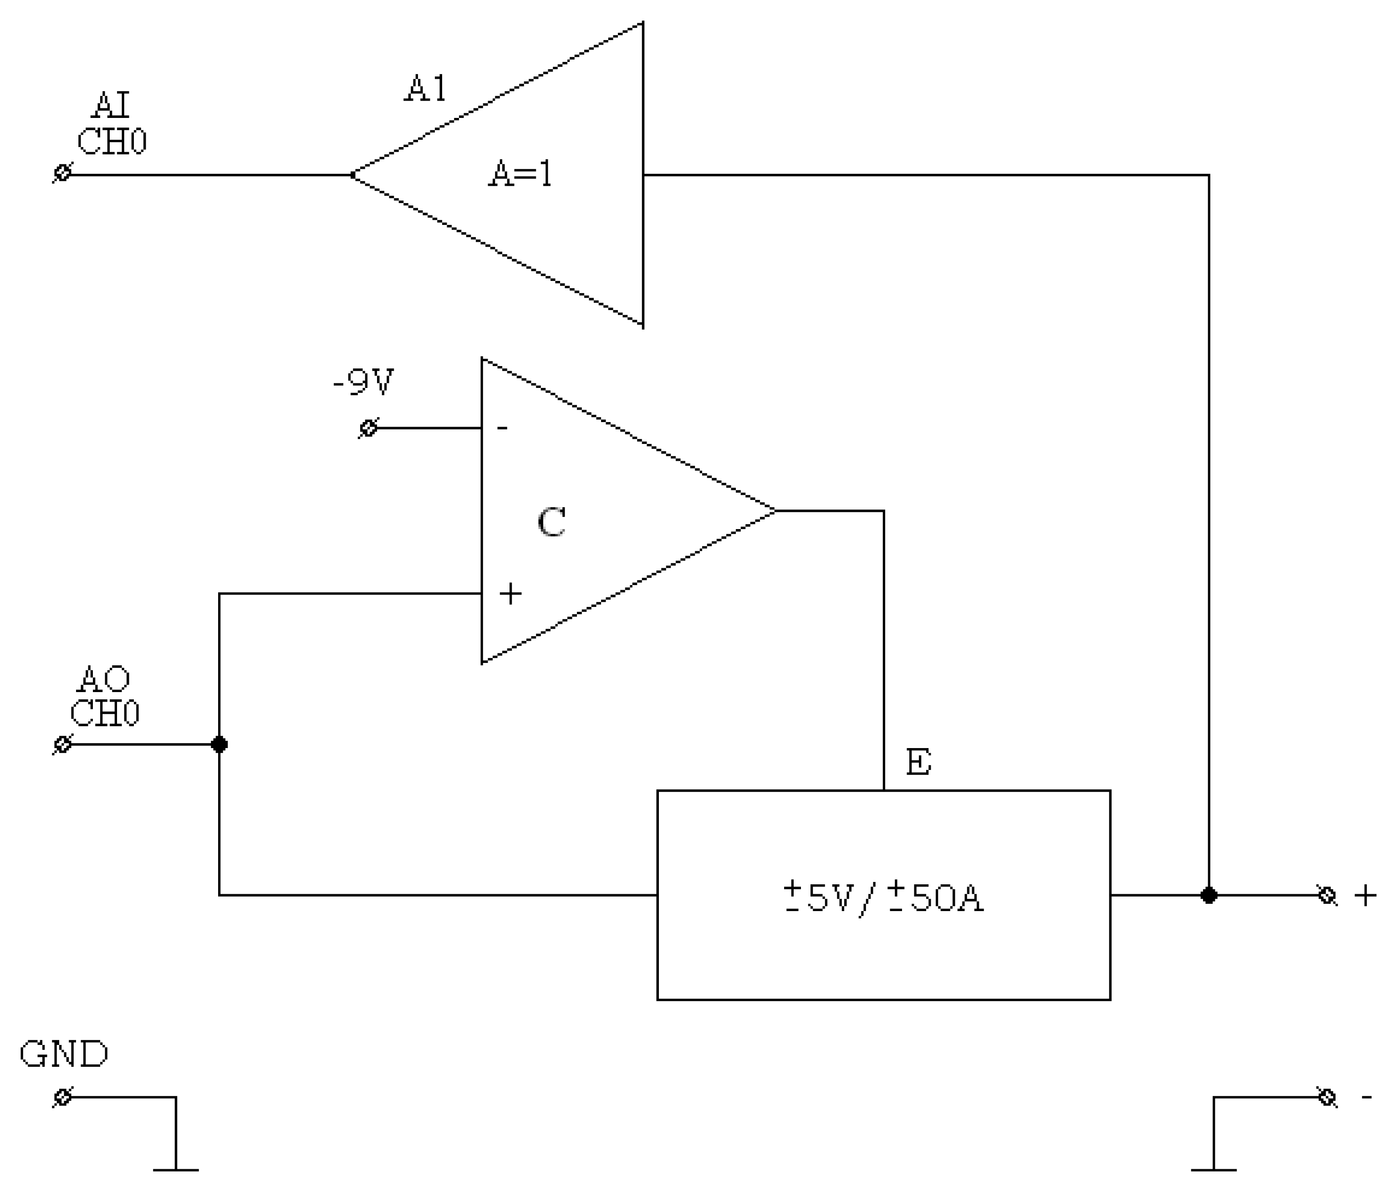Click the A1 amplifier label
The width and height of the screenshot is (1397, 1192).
(x=425, y=89)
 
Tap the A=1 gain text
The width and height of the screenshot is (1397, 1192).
(x=520, y=174)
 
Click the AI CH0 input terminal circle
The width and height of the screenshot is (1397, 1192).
(x=62, y=173)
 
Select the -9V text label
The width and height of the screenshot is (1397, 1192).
(x=363, y=382)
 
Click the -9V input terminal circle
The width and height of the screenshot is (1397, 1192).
(x=368, y=428)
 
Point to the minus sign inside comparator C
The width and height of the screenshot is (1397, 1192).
(x=502, y=428)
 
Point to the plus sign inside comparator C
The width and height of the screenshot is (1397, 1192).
(x=510, y=593)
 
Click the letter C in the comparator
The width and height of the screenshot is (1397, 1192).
(x=551, y=523)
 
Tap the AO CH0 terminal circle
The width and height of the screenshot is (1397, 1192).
(x=62, y=744)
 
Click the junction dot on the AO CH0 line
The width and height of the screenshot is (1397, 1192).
(x=219, y=744)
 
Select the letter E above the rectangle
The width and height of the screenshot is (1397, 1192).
(x=918, y=763)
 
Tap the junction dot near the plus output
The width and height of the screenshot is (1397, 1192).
(x=1209, y=895)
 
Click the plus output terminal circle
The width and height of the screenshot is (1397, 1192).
(x=1327, y=895)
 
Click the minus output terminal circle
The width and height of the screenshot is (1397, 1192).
(x=1327, y=1098)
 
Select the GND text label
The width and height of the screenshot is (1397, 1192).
(x=64, y=1054)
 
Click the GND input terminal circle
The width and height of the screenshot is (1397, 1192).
(x=62, y=1098)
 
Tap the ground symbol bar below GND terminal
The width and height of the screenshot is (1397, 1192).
(x=176, y=1170)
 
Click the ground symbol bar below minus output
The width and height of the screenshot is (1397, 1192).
(x=1213, y=1170)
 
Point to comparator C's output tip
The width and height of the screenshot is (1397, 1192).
(x=774, y=511)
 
